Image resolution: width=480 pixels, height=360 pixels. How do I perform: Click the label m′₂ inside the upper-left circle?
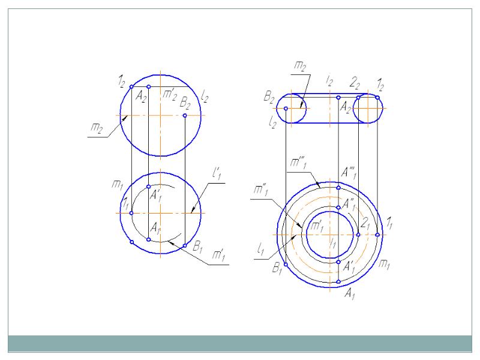click(x=170, y=94)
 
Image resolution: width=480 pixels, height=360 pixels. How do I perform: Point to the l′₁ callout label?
click(x=217, y=173)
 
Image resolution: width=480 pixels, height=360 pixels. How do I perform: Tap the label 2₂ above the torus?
click(x=355, y=83)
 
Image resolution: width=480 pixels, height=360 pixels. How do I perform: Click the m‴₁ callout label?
click(x=298, y=163)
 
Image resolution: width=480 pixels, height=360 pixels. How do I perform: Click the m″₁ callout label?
click(x=261, y=190)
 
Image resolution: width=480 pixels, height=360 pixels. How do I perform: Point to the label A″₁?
click(x=349, y=204)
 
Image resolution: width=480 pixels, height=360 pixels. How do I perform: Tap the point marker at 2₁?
click(x=358, y=235)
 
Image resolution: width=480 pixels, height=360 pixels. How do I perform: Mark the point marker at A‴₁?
click(x=338, y=188)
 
